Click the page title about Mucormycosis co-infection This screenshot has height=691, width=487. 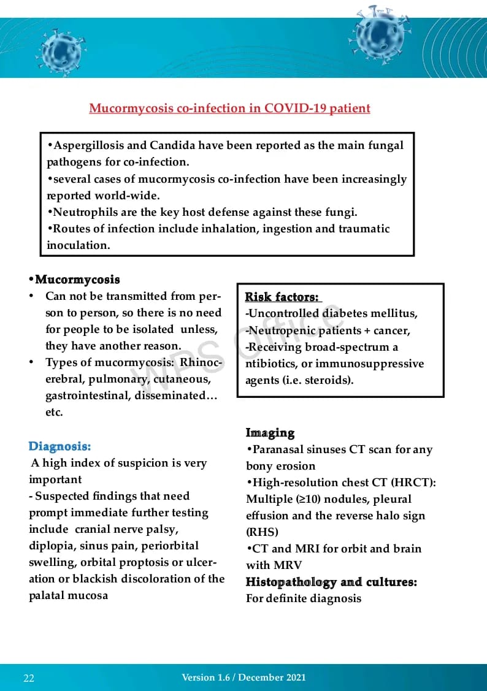[229, 109]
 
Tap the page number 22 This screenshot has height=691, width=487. [29, 678]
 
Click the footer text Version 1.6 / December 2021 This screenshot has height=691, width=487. [243, 678]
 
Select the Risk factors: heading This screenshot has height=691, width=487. [282, 297]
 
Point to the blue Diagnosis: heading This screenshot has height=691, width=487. [59, 446]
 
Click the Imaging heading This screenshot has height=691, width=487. [270, 433]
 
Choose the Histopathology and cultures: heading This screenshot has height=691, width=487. [331, 582]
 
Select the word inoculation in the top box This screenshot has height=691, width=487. [78, 245]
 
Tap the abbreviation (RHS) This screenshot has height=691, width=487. [263, 532]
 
